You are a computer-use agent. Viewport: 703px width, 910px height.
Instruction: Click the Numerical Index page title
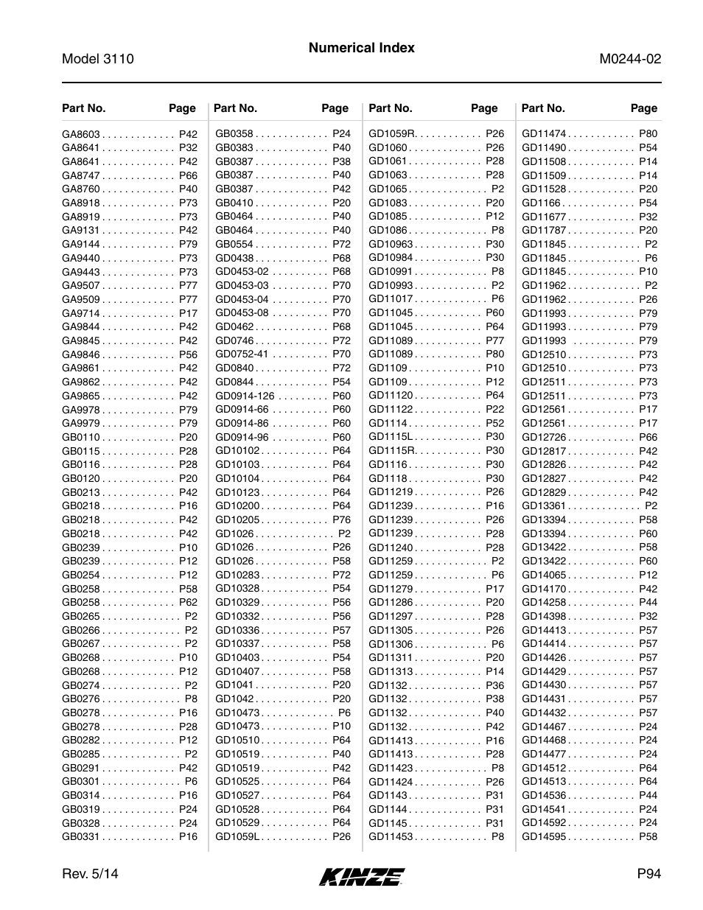click(x=361, y=48)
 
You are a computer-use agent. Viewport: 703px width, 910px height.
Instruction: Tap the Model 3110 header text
click(x=98, y=59)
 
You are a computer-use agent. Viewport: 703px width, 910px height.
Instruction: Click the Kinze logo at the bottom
click(x=362, y=876)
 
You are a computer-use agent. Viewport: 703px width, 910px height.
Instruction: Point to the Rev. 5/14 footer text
click(x=90, y=874)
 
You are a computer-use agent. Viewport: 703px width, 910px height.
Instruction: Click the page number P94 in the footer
click(x=649, y=874)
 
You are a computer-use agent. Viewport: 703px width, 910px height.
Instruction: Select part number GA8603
click(x=80, y=134)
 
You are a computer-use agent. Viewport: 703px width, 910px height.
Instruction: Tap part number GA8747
click(x=80, y=175)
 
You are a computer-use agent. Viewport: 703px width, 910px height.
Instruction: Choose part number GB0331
click(x=80, y=836)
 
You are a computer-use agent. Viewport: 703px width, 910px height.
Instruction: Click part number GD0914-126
click(x=245, y=396)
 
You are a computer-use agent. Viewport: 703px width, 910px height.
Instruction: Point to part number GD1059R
click(x=392, y=133)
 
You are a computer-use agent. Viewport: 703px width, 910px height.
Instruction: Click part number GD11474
click(x=544, y=133)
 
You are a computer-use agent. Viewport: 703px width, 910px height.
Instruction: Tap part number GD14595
click(x=544, y=836)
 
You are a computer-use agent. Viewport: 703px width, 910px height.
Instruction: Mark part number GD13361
click(x=544, y=505)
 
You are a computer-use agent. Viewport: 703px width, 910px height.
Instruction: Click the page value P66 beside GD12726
click(x=648, y=437)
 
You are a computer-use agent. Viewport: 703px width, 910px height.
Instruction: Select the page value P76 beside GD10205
click(x=341, y=519)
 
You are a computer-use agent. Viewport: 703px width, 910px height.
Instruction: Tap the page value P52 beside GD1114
click(x=494, y=423)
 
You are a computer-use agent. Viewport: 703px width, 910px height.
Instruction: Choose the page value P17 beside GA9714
click(x=188, y=313)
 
